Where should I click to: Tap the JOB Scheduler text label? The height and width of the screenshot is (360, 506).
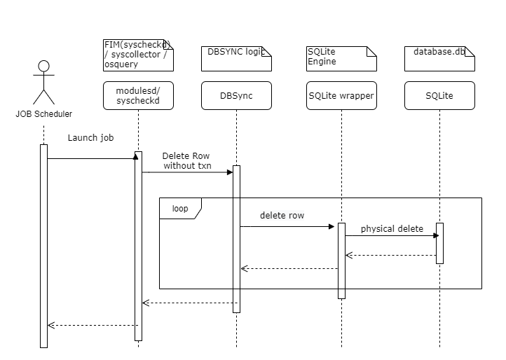click(x=43, y=113)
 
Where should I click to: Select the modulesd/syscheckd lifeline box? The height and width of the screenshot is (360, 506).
click(x=138, y=96)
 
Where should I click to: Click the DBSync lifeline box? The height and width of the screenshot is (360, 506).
click(x=236, y=96)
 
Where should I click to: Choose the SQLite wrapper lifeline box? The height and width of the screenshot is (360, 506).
click(x=341, y=96)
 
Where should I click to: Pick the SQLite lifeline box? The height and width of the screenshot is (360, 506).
click(x=439, y=96)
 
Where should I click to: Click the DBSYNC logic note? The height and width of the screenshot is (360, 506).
click(x=236, y=58)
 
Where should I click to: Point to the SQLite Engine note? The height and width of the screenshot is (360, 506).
click(x=341, y=58)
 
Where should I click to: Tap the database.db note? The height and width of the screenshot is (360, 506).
click(x=439, y=58)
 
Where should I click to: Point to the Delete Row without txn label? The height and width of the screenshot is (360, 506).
click(x=186, y=161)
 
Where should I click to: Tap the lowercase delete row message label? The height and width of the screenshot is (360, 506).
click(x=282, y=216)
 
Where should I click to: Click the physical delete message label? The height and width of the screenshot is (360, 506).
click(x=392, y=229)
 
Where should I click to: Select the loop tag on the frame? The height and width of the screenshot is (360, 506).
click(x=180, y=209)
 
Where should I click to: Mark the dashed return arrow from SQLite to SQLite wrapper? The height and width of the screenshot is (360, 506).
click(x=390, y=255)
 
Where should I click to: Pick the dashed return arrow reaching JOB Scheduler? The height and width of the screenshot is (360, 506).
click(x=91, y=325)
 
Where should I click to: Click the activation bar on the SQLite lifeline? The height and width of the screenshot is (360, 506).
click(x=439, y=243)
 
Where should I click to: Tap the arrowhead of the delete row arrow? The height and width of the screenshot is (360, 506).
click(x=334, y=226)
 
